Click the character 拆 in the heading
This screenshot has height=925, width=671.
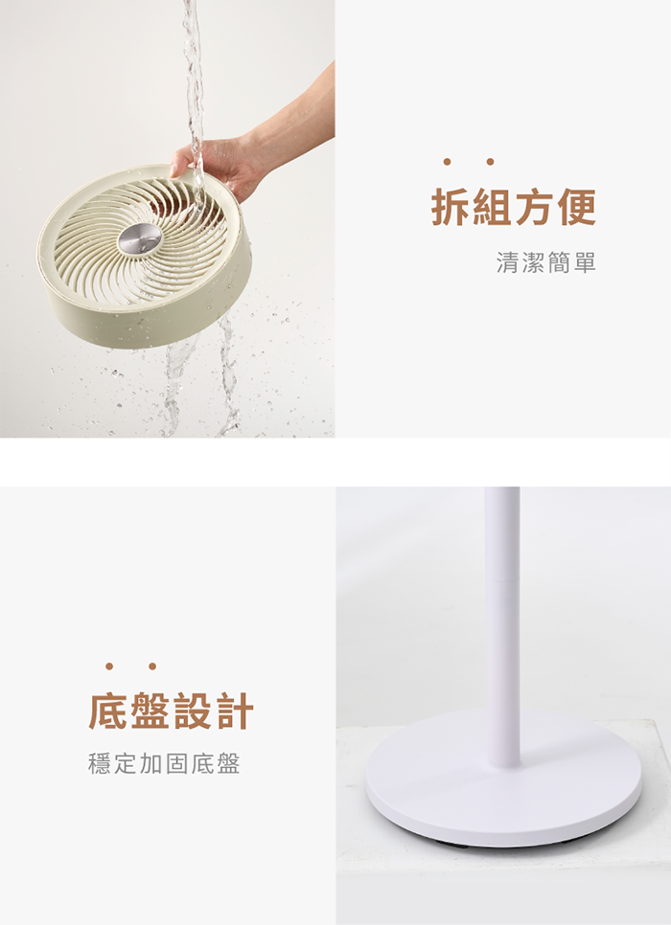coord(451,207)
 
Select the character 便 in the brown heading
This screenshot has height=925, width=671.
coord(577,207)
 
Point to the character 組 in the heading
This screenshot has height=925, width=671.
coord(494,207)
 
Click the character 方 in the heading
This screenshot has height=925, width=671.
coord(535,207)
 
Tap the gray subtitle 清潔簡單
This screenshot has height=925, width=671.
coord(545,262)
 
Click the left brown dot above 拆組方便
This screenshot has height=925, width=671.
coord(447,162)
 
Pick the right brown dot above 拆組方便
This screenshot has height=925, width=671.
coord(490,162)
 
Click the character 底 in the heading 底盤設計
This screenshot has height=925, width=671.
coord(108,711)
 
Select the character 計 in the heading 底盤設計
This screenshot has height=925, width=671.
coord(235,711)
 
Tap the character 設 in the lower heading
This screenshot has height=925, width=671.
coord(193,711)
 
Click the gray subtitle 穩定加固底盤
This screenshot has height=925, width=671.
coord(164,763)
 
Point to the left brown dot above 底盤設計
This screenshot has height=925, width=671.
coord(109,666)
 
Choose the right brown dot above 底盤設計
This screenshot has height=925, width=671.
coord(152,666)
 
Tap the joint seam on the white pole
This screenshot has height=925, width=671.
coord(502,580)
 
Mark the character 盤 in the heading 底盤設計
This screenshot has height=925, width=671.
coord(150,711)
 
